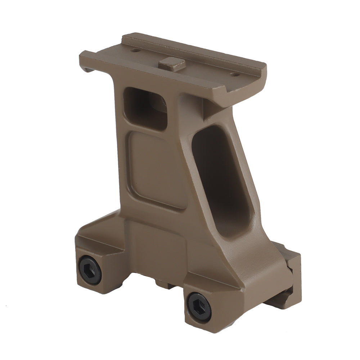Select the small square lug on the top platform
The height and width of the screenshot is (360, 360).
click(172, 64)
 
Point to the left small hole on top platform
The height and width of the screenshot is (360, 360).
click(135, 50)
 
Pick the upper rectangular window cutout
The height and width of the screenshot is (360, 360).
click(146, 107)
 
